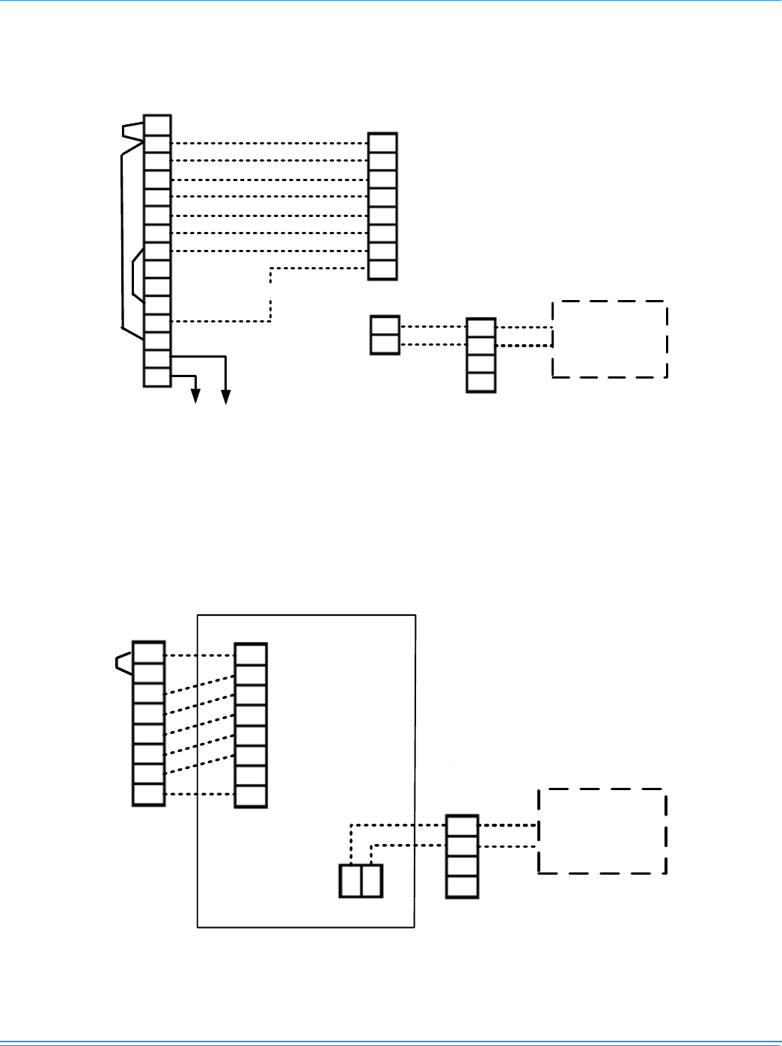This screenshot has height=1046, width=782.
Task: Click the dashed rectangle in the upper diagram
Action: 609,339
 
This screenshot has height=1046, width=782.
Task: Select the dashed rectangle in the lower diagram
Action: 602,831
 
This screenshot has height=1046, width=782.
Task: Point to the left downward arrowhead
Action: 196,397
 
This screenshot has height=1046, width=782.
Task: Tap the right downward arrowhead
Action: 225,397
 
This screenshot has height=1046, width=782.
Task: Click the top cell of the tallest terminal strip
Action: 157,125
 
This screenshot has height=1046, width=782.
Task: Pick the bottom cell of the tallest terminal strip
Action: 157,377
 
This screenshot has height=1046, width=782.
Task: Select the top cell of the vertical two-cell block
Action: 385,326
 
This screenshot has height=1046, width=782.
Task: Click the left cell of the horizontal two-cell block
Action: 350,881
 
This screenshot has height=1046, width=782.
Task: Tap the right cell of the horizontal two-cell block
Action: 372,881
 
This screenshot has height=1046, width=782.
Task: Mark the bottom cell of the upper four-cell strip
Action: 481,382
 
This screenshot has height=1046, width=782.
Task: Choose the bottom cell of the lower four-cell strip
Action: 462,887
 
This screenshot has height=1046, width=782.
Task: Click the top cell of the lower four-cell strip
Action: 462,826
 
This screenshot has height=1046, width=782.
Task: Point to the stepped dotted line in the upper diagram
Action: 270,295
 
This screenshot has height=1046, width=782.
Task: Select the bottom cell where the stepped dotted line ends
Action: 382,269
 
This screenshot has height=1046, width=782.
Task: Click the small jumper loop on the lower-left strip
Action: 123,661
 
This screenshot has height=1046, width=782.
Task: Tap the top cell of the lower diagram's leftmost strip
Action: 148,652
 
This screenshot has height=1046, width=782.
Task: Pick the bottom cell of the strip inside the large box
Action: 251,797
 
